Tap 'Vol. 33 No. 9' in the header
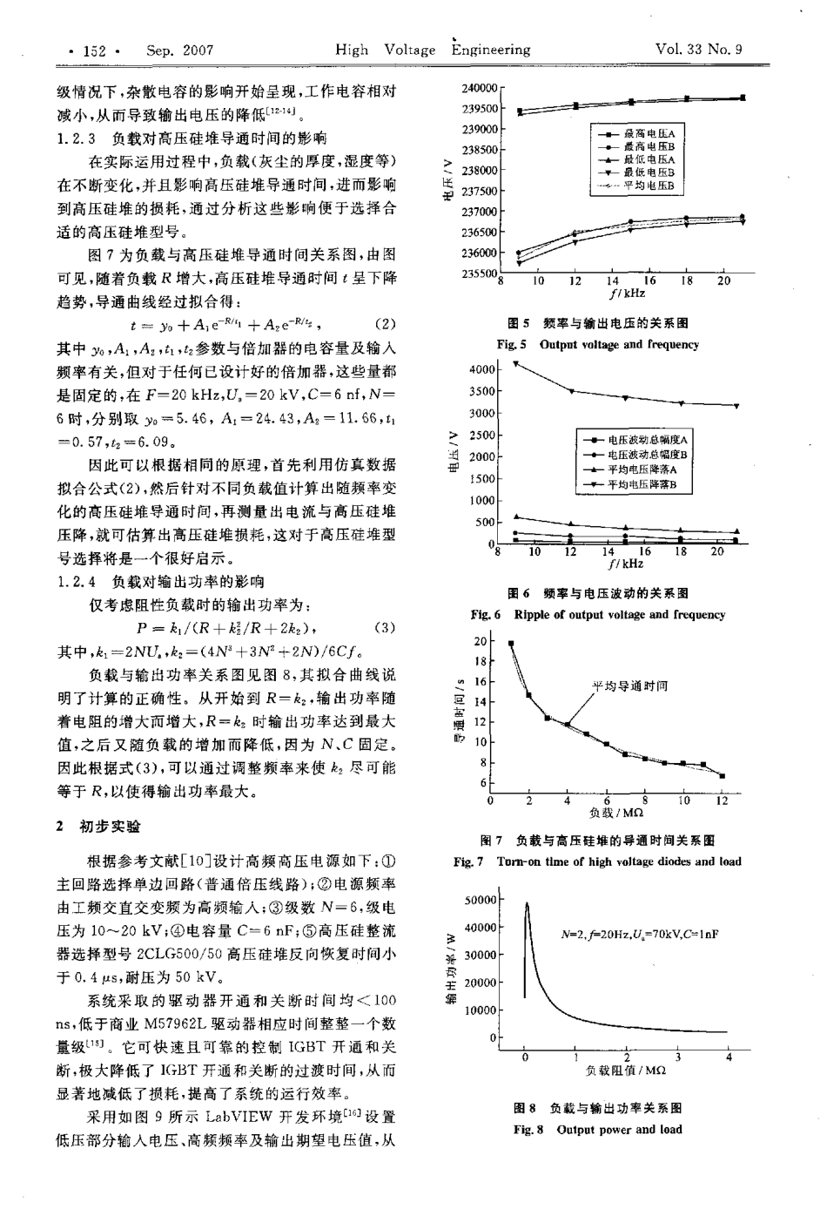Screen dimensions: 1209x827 [700, 50]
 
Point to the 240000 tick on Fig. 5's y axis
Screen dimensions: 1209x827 [479, 88]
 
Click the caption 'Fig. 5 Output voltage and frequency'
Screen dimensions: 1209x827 [597, 345]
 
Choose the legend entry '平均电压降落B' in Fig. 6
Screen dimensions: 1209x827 [649, 485]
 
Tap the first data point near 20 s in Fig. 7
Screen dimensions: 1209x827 [511, 644]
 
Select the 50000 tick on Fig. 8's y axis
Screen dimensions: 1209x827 [479, 900]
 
